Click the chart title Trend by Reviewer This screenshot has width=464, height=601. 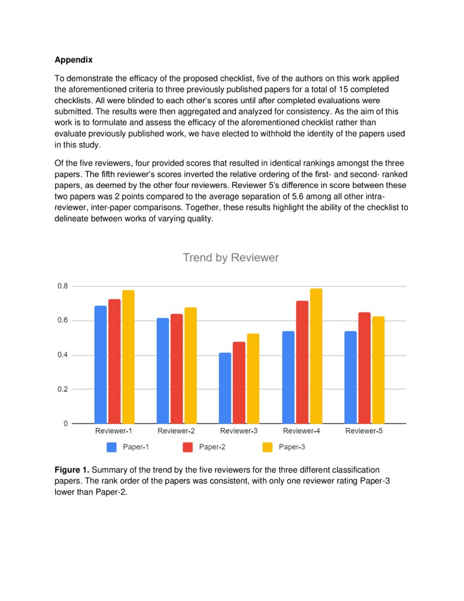click(x=230, y=257)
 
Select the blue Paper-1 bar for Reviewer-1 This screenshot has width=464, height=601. click(x=100, y=364)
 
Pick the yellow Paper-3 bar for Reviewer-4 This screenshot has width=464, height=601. click(x=316, y=356)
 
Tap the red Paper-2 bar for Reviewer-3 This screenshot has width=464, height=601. click(x=239, y=382)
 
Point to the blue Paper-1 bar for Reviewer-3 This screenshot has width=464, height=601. click(x=225, y=388)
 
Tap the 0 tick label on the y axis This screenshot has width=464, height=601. click(x=66, y=423)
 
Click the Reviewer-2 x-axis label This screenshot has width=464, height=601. click(x=176, y=431)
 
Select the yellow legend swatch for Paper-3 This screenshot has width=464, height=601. click(x=267, y=447)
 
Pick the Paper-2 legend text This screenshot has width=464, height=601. click(x=212, y=447)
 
